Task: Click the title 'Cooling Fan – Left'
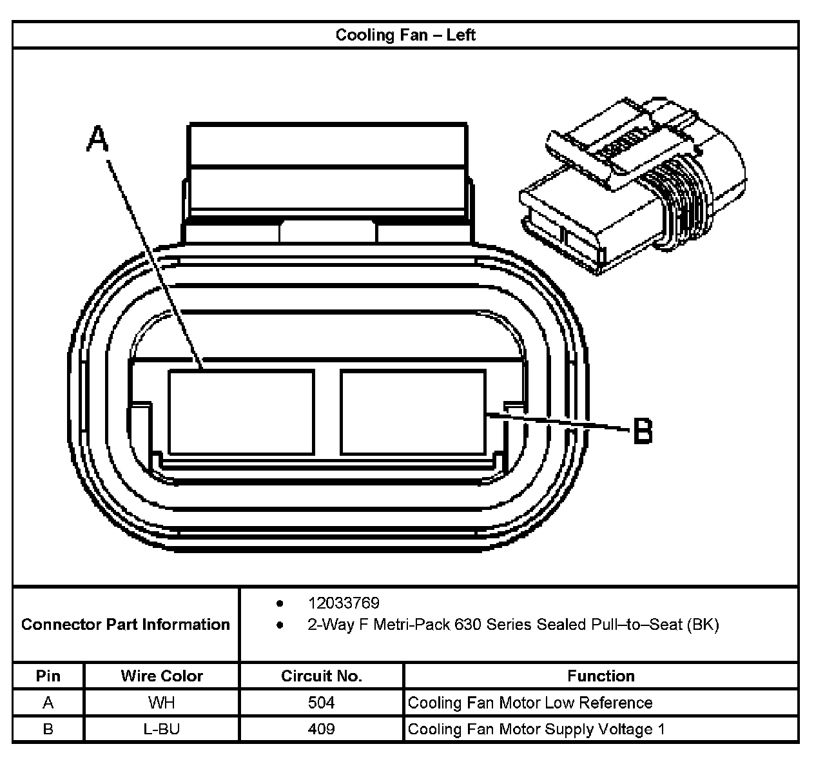tap(405, 34)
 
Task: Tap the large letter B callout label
tap(643, 430)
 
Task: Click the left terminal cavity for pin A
tap(241, 412)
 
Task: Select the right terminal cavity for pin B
tap(412, 412)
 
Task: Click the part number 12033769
tap(344, 603)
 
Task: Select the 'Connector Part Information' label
tap(126, 624)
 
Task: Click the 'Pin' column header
tap(48, 676)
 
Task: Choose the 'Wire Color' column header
tap(162, 676)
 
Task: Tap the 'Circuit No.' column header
tap(322, 676)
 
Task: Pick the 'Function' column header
tap(601, 676)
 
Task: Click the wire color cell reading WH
tap(161, 702)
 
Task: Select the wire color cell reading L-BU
tap(161, 729)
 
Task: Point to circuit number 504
tap(322, 702)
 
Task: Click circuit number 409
tap(322, 729)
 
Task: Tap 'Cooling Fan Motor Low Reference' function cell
tap(530, 702)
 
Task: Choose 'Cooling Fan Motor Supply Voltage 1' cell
tap(536, 729)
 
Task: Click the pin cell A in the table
tap(48, 702)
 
